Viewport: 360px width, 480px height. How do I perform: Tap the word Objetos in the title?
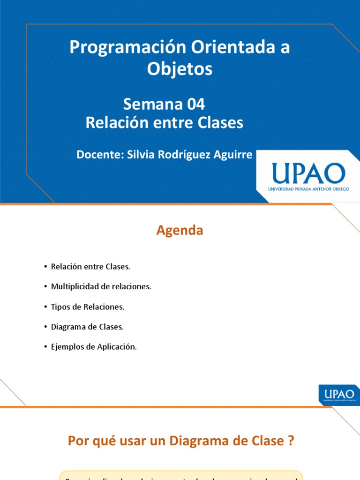180,69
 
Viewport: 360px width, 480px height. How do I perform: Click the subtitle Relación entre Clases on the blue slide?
165,123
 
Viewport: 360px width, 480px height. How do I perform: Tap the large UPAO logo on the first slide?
308,173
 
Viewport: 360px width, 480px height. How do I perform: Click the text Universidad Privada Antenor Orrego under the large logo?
308,189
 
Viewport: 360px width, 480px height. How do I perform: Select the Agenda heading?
180,231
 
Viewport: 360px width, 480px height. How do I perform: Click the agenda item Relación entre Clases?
90,267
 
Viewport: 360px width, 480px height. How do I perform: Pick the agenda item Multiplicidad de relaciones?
101,286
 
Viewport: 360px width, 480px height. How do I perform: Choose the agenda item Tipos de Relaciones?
88,307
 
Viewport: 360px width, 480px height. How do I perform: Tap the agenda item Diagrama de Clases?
87,327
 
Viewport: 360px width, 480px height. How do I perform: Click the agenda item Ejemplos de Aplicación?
94,347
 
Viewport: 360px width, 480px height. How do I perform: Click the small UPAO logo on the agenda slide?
339,394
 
